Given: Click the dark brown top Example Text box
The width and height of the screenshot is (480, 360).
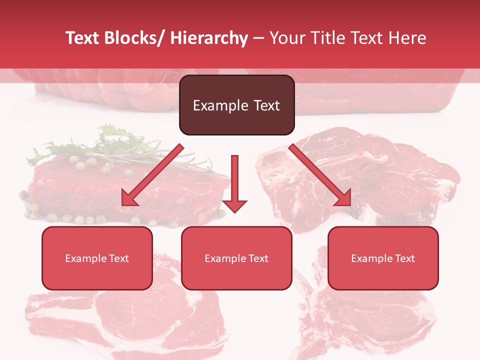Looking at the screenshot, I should point(236,105).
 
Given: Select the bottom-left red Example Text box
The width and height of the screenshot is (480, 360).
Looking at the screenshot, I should point(97,258).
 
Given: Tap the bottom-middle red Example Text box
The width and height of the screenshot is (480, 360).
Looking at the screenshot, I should point(236,258).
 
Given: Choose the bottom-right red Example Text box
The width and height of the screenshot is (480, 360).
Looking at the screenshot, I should point(383,258).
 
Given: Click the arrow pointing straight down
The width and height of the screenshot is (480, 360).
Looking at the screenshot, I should point(234,182).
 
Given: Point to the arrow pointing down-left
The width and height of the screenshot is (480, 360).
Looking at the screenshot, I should point(152,175).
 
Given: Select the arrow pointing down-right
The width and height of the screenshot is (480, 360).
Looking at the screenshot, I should point(320,175).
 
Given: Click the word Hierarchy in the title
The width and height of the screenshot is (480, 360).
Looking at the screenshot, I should point(209,38).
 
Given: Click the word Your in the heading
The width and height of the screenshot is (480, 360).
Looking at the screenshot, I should point(286,38).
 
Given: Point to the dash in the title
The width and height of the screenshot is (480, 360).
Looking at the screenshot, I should point(258,38).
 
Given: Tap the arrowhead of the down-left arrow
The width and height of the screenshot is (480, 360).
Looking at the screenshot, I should point(129,199).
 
